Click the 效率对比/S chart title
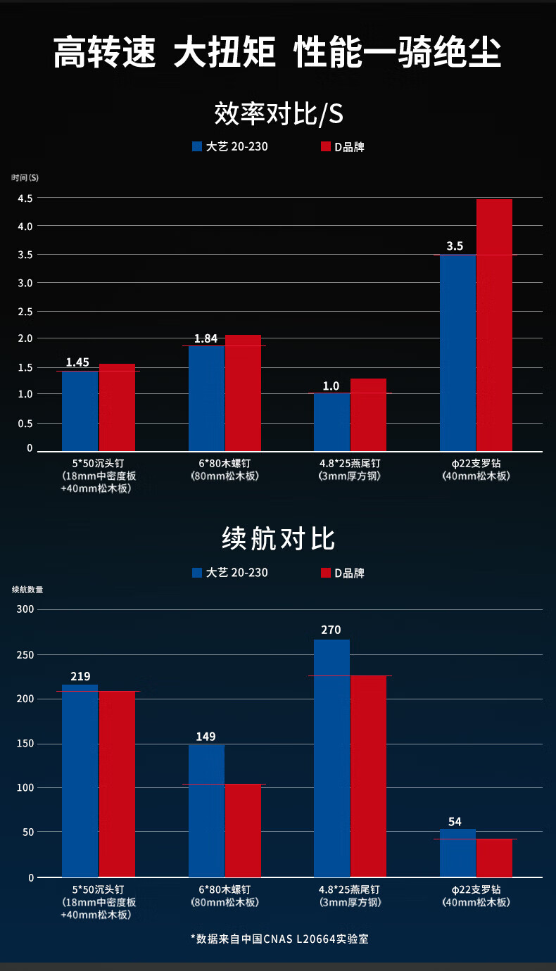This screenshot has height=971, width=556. click(x=278, y=113)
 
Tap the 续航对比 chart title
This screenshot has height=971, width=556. click(x=278, y=539)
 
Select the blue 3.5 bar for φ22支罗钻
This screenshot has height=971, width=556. click(x=457, y=352)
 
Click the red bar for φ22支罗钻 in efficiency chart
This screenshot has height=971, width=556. click(x=494, y=324)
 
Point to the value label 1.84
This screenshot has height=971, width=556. click(x=206, y=338)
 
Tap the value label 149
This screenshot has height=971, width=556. click(x=206, y=737)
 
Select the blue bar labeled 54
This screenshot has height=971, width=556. click(x=457, y=853)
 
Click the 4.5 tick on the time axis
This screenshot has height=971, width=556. click(x=25, y=198)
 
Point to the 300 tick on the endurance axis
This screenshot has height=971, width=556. click(x=25, y=609)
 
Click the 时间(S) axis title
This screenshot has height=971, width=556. click(x=25, y=177)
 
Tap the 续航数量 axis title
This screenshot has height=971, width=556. click(x=27, y=590)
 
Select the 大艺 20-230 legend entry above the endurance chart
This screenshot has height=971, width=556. click(x=230, y=573)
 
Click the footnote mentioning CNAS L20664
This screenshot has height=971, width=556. click(x=279, y=939)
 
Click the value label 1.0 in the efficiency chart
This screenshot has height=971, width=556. click(x=331, y=386)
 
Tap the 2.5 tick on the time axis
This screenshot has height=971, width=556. click(x=25, y=311)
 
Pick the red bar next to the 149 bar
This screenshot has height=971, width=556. click(x=243, y=830)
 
